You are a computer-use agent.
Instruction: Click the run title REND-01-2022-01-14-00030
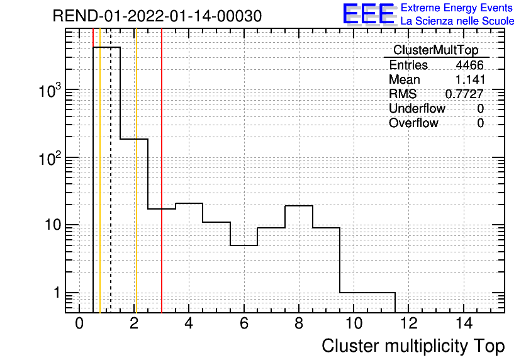pos(157,16)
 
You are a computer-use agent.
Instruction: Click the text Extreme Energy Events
pos(457,8)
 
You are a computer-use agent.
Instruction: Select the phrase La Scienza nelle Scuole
pos(457,21)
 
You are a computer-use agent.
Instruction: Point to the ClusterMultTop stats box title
pos(436,50)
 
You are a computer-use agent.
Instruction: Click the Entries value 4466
pos(469,65)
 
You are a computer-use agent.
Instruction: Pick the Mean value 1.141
pos(470,79)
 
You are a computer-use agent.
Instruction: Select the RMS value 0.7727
pos(464,94)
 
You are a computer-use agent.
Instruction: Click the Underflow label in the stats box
pos(417,108)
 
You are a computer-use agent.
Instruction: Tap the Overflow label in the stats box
pos(413,123)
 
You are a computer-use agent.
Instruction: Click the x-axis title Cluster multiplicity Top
pos(413,346)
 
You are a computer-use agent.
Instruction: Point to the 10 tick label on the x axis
pos(354,323)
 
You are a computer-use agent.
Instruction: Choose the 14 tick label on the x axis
pos(464,323)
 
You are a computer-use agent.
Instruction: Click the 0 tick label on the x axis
pos(79,323)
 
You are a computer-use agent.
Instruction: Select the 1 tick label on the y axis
pos(57,293)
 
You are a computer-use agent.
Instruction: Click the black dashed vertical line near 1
pos(110,171)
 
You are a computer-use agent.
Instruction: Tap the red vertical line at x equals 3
pos(162,171)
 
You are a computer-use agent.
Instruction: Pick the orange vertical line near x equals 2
pos(136,171)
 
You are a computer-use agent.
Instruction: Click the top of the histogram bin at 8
pos(299,206)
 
